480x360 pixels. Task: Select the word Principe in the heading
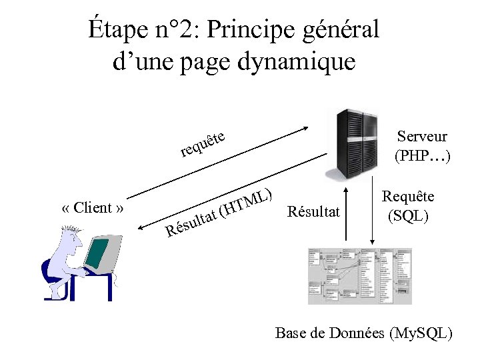[242, 30]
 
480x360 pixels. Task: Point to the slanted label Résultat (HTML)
[220, 213]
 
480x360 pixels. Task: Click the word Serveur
[422, 137]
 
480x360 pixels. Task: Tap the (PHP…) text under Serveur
[422, 157]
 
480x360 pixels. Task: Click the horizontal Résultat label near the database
[313, 212]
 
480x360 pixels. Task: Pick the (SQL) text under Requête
[408, 216]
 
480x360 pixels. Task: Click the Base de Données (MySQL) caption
[364, 333]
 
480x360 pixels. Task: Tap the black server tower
[353, 143]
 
